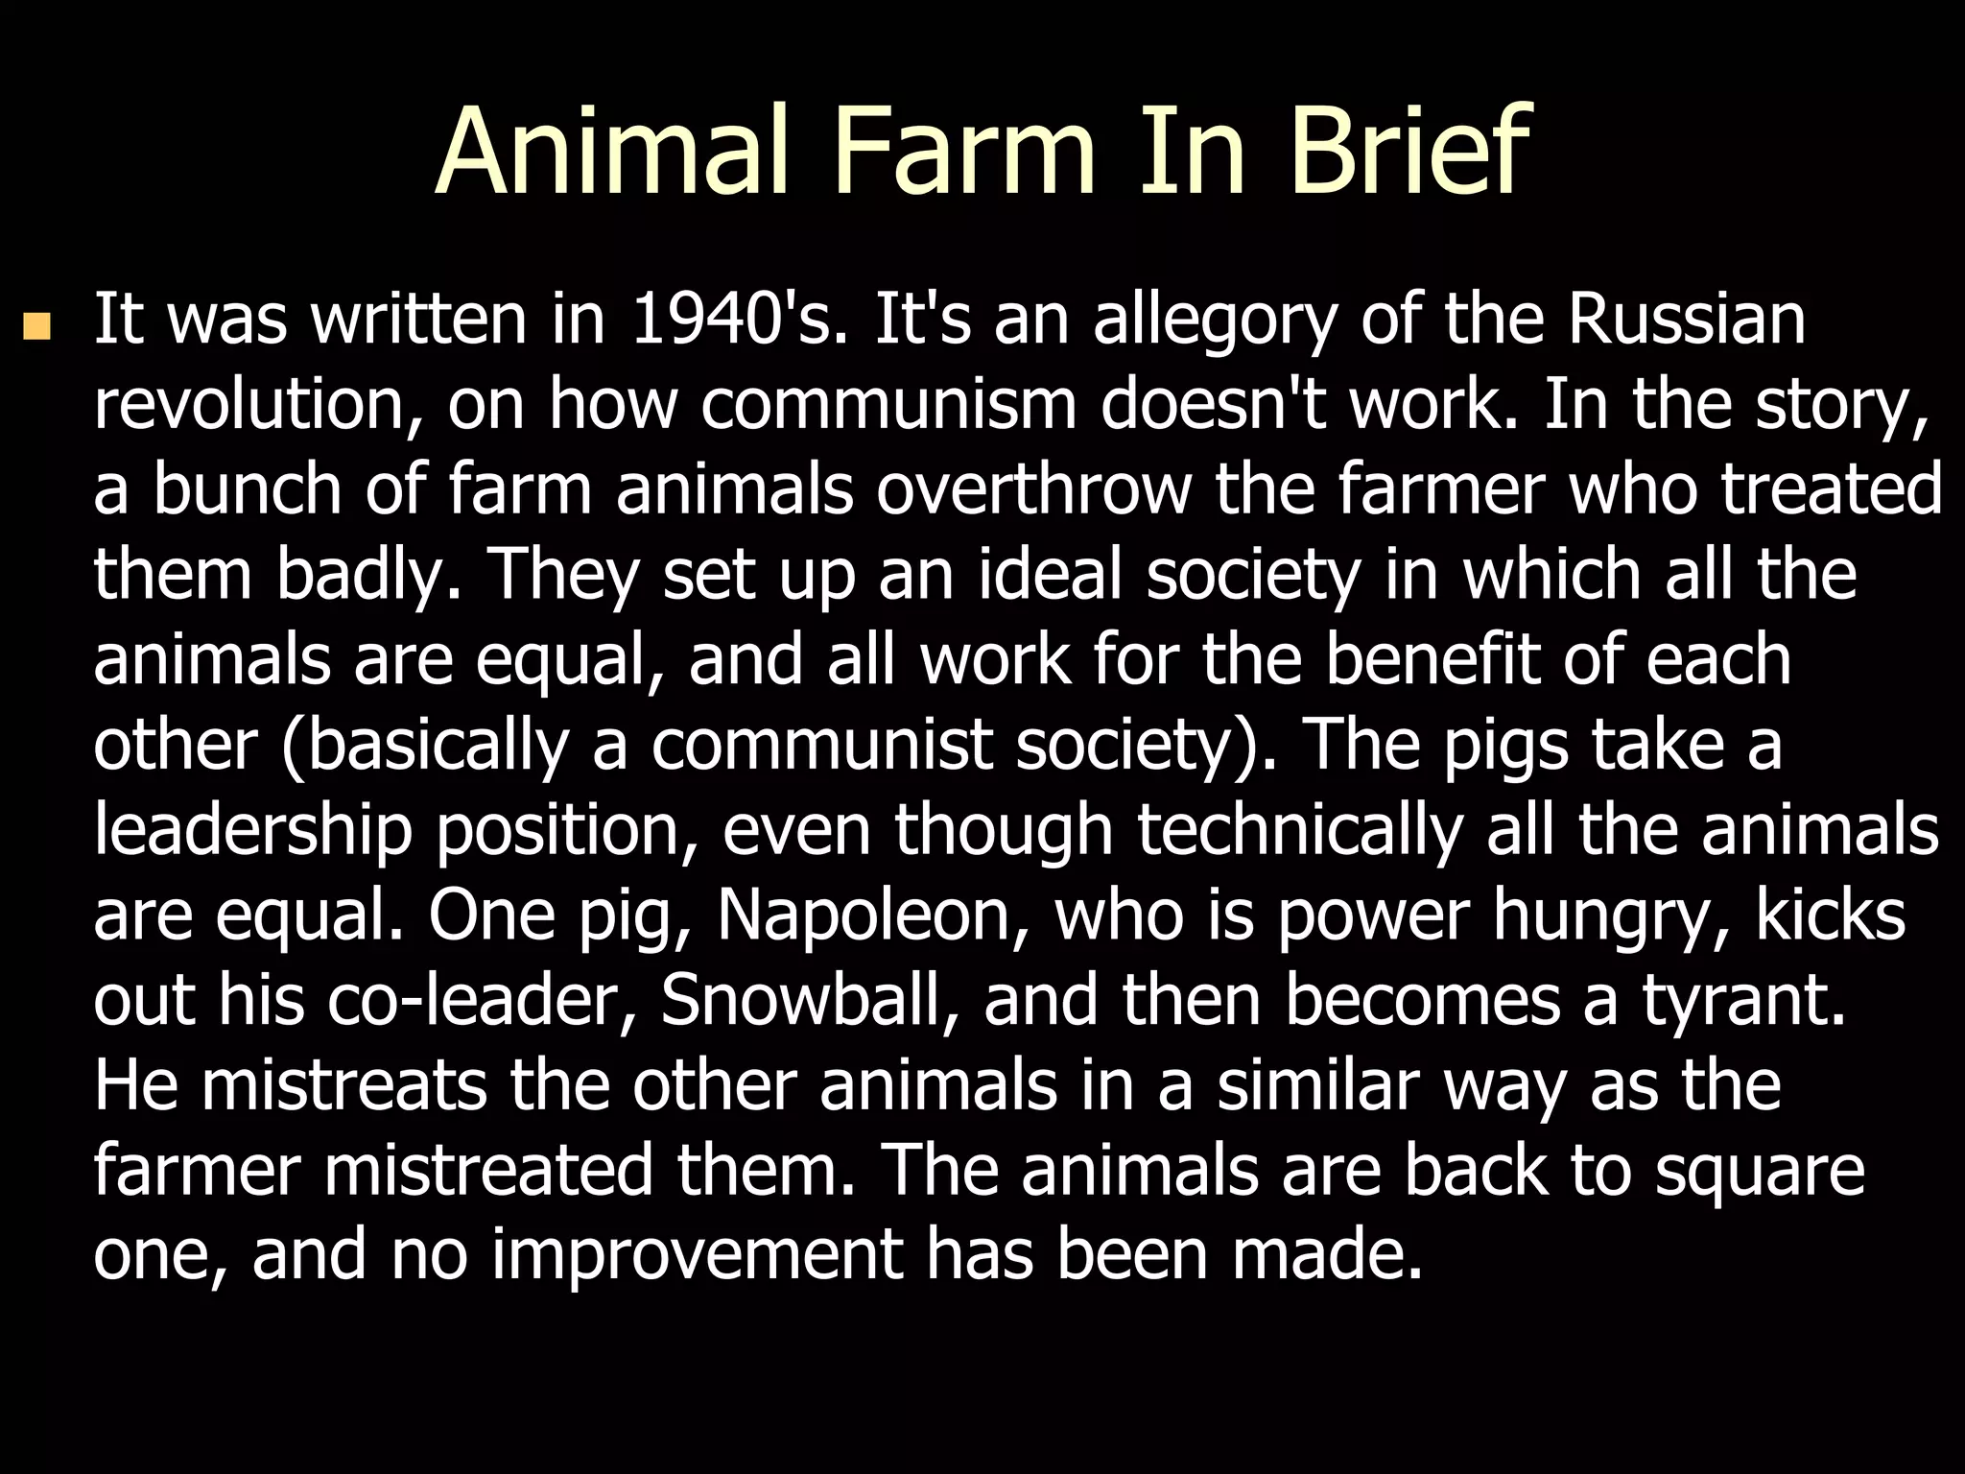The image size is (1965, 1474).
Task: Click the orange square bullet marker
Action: pos(36,326)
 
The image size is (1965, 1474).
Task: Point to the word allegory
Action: pos(1215,322)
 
